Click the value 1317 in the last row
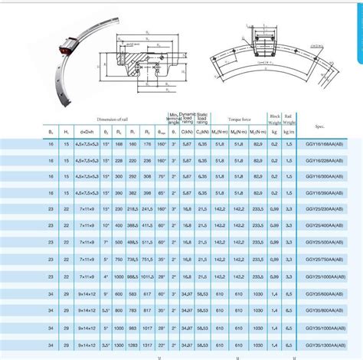pyautogui.click(x=146, y=345)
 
